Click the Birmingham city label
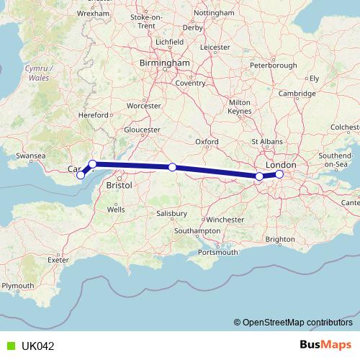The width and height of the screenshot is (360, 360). pyautogui.click(x=166, y=63)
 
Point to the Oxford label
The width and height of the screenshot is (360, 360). pyautogui.click(x=207, y=142)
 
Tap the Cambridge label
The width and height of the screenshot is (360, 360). pyautogui.click(x=297, y=94)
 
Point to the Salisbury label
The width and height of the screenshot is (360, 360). pyautogui.click(x=174, y=214)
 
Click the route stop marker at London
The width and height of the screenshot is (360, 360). pyautogui.click(x=279, y=174)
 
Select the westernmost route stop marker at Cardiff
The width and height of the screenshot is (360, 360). pyautogui.click(x=81, y=175)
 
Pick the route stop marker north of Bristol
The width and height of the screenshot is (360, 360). pyautogui.click(x=92, y=164)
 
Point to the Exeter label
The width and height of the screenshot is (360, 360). pyautogui.click(x=59, y=259)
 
